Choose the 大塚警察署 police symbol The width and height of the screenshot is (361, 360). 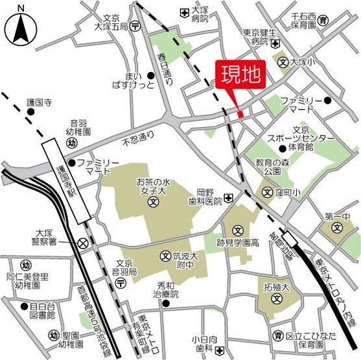coord(83,243)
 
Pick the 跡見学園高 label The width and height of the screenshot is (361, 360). coord(237,243)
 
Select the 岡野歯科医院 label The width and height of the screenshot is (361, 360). coord(209,197)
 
